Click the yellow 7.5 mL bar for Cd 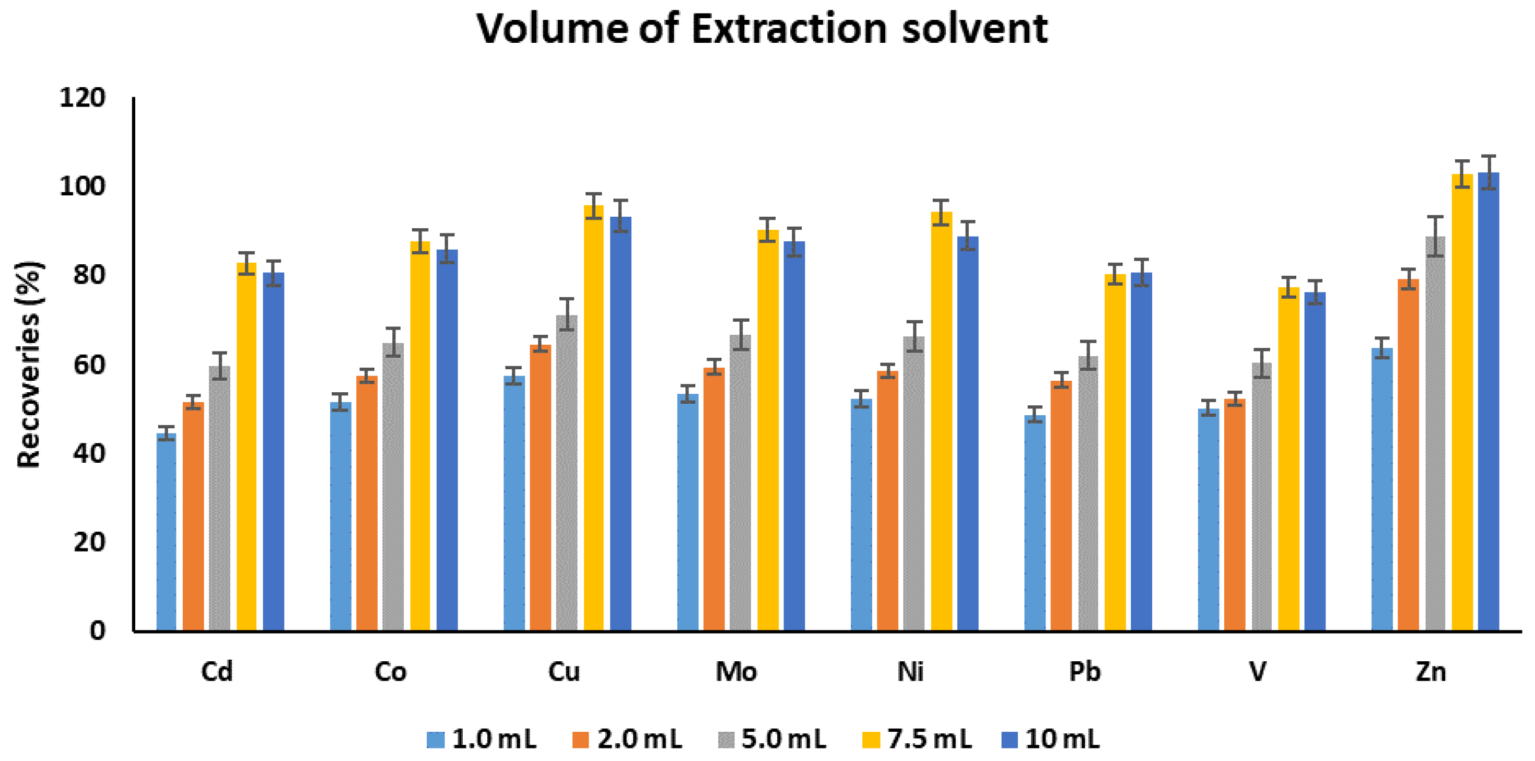click(x=246, y=447)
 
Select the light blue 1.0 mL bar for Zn click(x=1382, y=489)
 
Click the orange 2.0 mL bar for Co click(x=367, y=503)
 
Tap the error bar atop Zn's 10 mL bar click(x=1489, y=172)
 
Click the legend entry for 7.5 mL click(x=917, y=740)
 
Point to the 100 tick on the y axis click(x=82, y=186)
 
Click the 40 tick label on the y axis click(x=89, y=453)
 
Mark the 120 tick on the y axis click(x=82, y=98)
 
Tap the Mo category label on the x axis click(x=736, y=672)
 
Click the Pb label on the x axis click(x=1084, y=672)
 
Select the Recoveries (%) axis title click(x=29, y=365)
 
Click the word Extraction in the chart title click(x=789, y=29)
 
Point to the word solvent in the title click(x=974, y=29)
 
